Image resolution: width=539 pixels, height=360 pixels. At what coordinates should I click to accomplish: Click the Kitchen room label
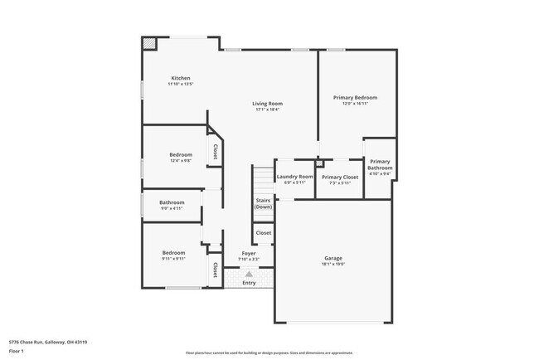point(180,78)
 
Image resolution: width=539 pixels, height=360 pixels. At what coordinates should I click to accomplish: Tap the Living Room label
point(267,104)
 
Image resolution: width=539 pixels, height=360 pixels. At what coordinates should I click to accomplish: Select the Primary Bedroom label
point(355,97)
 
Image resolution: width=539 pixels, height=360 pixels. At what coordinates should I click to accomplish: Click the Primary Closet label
point(339,177)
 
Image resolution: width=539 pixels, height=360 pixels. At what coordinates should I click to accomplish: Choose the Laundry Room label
point(294,177)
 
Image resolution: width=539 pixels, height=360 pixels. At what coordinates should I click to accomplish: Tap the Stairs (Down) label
point(263,203)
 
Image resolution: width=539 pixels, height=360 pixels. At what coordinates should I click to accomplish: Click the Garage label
point(333,258)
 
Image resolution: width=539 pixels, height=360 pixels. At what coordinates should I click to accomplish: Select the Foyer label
point(249,253)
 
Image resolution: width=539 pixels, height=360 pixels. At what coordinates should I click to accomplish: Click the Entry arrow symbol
point(249,273)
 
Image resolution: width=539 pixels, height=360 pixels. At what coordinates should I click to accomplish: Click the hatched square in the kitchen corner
point(148,43)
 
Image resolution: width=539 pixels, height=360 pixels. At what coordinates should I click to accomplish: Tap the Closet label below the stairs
point(263,233)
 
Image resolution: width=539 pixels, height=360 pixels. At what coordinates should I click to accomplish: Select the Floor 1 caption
point(17,351)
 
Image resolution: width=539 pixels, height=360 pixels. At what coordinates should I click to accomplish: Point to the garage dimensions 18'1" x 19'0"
point(333,265)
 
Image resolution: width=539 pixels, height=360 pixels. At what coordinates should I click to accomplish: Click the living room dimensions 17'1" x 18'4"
point(267,109)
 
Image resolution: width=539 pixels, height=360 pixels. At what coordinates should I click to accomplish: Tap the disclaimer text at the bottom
point(269,353)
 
